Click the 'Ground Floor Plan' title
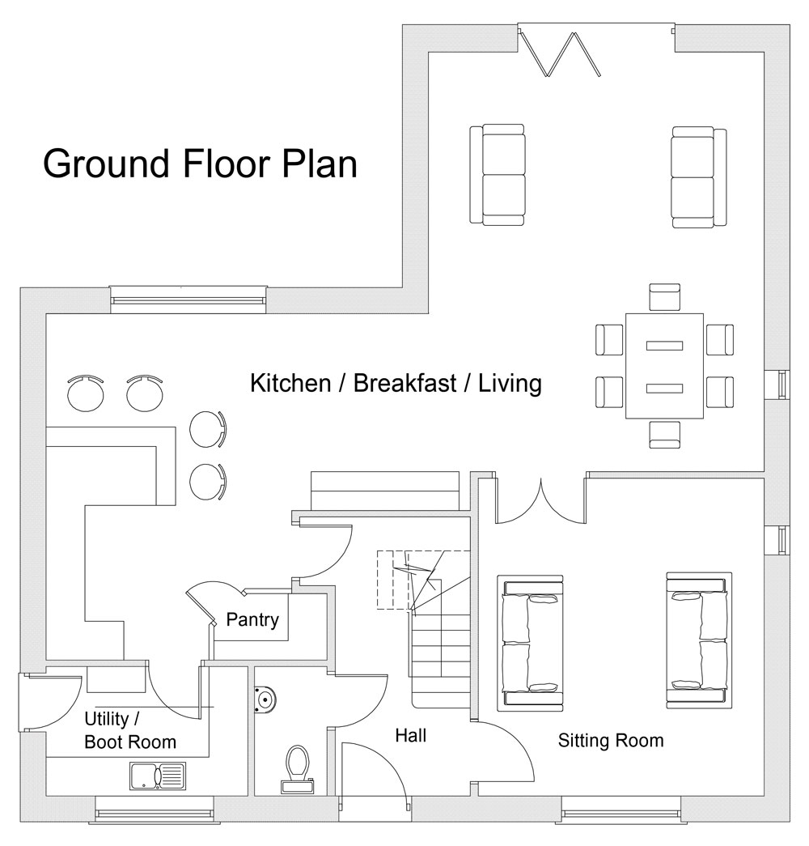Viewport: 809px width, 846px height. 200,164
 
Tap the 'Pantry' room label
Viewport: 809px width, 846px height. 252,620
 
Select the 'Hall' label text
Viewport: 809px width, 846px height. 410,736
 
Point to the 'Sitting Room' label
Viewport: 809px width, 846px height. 611,740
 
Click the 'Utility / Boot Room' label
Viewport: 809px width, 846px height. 129,730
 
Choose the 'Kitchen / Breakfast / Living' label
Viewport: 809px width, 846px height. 396,383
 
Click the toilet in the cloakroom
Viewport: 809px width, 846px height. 298,767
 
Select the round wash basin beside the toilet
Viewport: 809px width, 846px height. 264,699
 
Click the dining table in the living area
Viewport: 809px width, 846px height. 664,366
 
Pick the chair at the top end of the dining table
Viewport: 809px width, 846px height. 665,297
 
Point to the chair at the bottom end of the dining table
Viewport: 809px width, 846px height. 665,434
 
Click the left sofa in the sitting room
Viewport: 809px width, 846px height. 529,643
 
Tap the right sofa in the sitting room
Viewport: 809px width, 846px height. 699,639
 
